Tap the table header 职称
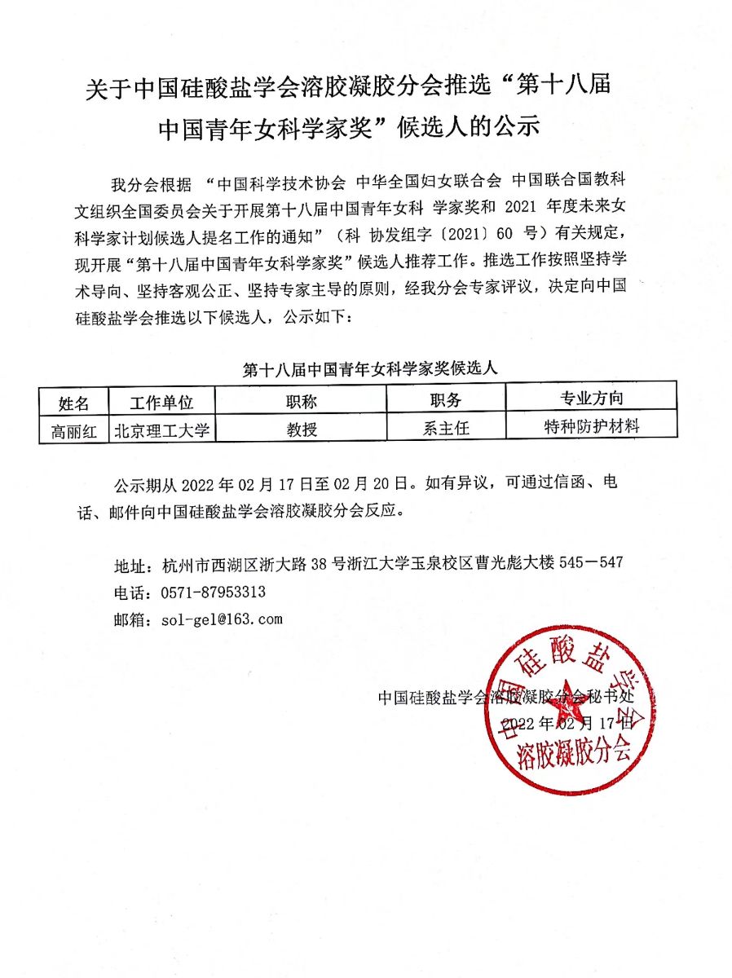point(301,401)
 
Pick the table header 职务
point(445,400)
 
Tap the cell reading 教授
point(301,429)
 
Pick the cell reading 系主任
point(445,428)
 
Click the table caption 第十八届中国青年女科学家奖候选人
point(369,368)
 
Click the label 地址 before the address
point(130,566)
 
